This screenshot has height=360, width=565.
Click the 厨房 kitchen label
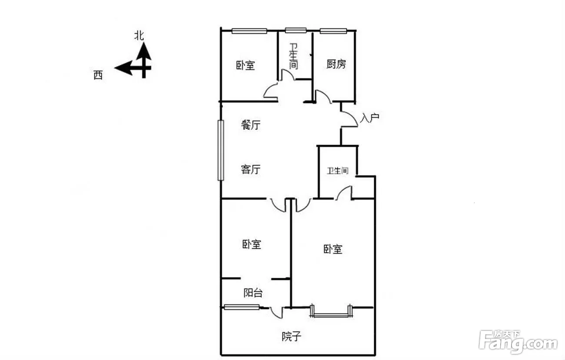point(336,64)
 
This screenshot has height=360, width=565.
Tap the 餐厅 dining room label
point(250,125)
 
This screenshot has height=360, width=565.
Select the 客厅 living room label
point(250,169)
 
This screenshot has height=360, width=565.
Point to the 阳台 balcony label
point(253,293)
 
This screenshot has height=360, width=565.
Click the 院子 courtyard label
point(291,336)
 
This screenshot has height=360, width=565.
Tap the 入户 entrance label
point(369,118)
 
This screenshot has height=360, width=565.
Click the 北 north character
point(139,36)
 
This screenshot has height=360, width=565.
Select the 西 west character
point(98,75)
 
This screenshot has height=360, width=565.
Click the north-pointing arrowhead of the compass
point(144,51)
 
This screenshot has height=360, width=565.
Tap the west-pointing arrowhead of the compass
point(123,68)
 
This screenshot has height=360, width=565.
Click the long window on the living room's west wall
point(221,150)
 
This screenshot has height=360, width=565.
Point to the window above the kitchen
point(333,31)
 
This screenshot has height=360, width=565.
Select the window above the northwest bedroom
point(249,31)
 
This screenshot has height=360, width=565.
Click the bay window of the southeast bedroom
point(331,312)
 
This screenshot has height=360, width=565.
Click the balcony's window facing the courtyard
point(242,307)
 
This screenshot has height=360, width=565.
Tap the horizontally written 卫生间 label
point(338,171)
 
